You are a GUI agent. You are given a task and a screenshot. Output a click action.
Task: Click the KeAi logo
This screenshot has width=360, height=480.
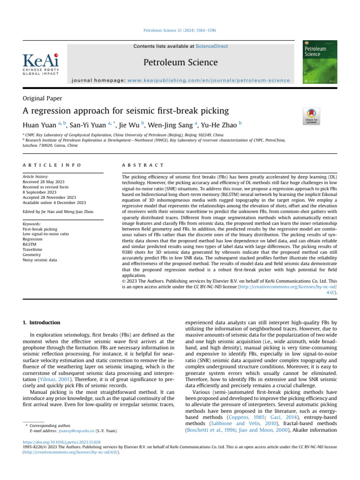[41, 64]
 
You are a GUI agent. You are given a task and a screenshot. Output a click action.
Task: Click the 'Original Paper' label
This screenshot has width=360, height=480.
[43, 98]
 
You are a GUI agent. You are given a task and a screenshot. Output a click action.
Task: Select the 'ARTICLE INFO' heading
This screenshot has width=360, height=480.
[52, 165]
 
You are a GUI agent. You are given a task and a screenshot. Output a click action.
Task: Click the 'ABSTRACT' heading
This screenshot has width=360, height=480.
[142, 165]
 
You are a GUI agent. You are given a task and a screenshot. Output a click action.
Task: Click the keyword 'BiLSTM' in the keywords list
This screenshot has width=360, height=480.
[30, 244]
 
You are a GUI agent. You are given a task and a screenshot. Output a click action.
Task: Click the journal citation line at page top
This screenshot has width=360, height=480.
[180, 31]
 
